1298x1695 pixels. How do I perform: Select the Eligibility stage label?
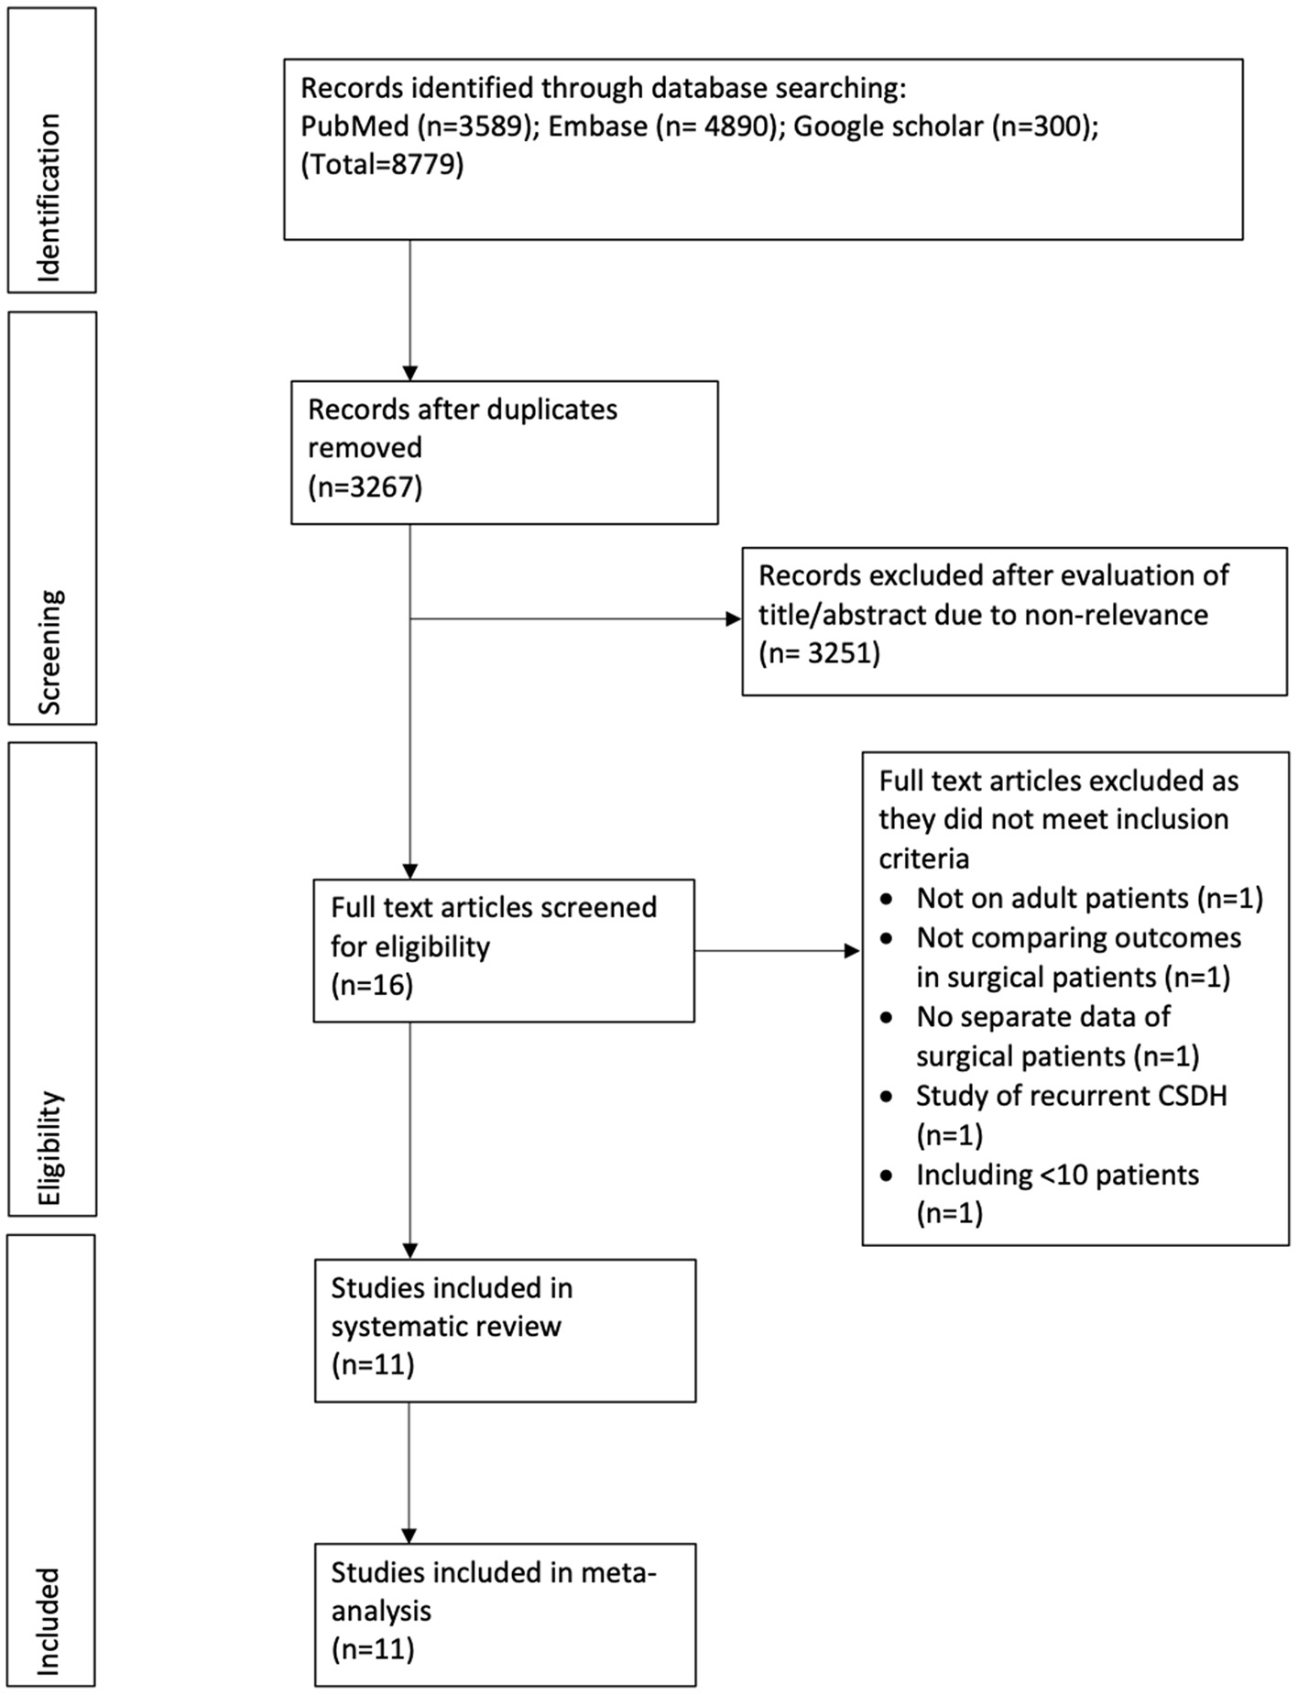pos(51,1147)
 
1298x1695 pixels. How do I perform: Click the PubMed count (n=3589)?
pos(417,126)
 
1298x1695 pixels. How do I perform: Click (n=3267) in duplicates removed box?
pos(365,487)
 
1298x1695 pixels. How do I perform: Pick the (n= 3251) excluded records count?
pos(818,653)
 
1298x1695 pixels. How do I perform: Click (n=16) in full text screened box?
pos(372,985)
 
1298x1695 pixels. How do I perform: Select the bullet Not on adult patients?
pos(1088,898)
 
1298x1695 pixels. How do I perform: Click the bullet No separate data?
pos(1042,1017)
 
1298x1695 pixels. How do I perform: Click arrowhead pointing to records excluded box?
pos(733,619)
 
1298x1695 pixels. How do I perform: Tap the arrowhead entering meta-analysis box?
pos(409,1536)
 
